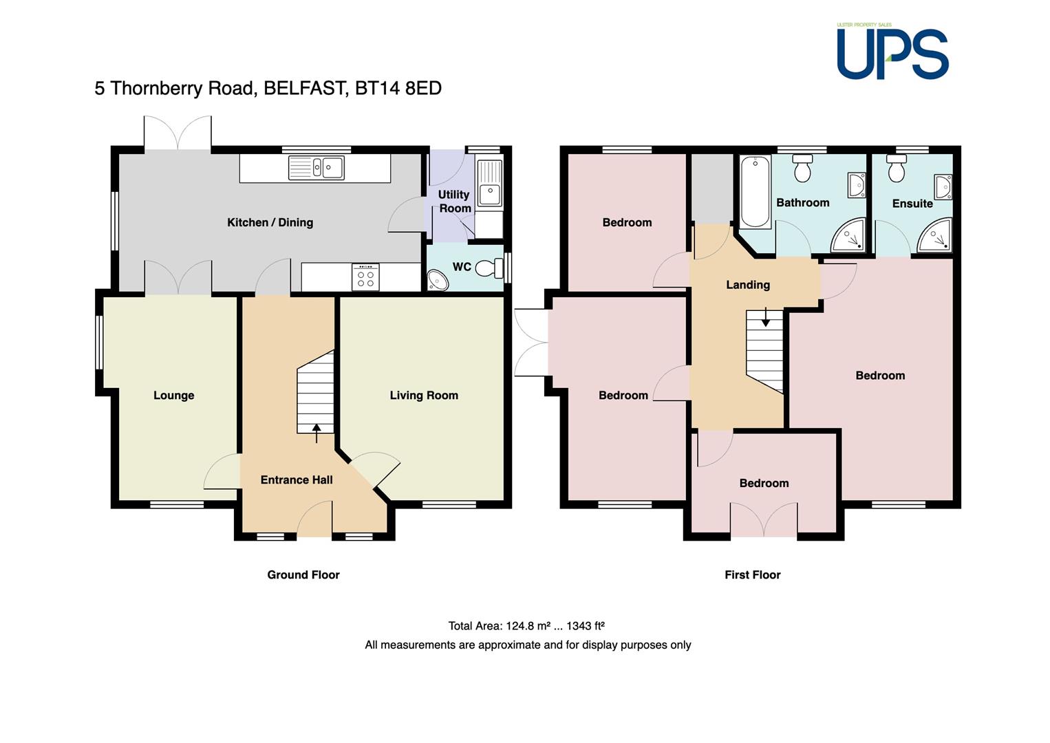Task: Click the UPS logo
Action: (x=892, y=52)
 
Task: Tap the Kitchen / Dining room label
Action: (x=270, y=223)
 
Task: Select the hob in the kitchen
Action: (x=365, y=277)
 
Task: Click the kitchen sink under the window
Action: (x=317, y=167)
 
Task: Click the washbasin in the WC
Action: (x=438, y=280)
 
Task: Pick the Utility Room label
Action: (x=454, y=201)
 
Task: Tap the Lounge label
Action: (x=174, y=395)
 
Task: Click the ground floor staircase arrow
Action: (x=317, y=433)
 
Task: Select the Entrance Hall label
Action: (x=297, y=480)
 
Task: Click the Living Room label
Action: (x=424, y=395)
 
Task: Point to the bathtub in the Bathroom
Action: (x=755, y=192)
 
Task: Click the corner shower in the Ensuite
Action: (x=934, y=234)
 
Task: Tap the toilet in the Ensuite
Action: (x=897, y=169)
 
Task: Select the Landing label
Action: (x=748, y=285)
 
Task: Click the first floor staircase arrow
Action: (x=765, y=317)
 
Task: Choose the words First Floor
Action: (x=752, y=574)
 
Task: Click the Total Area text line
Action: (x=526, y=626)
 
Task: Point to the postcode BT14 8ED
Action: (x=398, y=88)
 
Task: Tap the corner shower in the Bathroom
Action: (x=848, y=234)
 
